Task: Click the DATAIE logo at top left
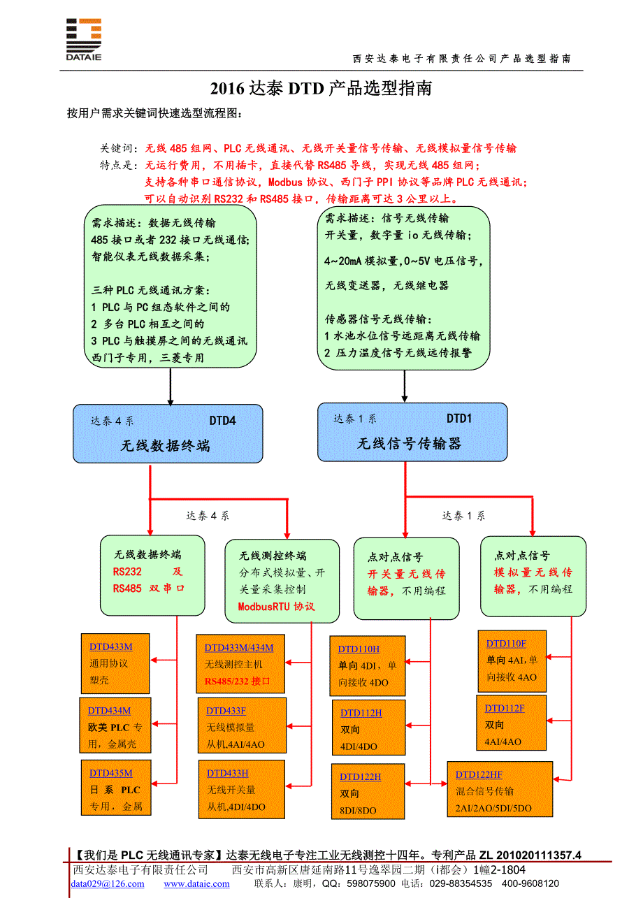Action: (83, 39)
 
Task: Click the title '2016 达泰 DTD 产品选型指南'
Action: (321, 88)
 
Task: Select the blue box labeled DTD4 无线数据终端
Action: (168, 434)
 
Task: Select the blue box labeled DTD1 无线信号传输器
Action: (412, 432)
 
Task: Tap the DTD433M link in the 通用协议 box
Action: (110, 647)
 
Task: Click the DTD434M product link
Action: (109, 710)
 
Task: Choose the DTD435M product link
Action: (110, 773)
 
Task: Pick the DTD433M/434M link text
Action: (239, 647)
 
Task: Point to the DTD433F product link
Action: (226, 711)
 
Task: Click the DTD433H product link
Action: (227, 773)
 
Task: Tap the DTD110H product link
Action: (359, 649)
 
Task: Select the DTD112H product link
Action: (361, 713)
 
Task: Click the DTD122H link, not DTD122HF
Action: (361, 777)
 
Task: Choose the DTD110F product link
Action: (506, 644)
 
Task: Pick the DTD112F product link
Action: (505, 708)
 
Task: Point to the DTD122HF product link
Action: (479, 774)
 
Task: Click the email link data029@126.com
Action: (108, 883)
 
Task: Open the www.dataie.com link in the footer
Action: (196, 883)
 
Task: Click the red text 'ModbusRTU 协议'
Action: (277, 607)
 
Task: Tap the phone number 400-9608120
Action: (531, 883)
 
